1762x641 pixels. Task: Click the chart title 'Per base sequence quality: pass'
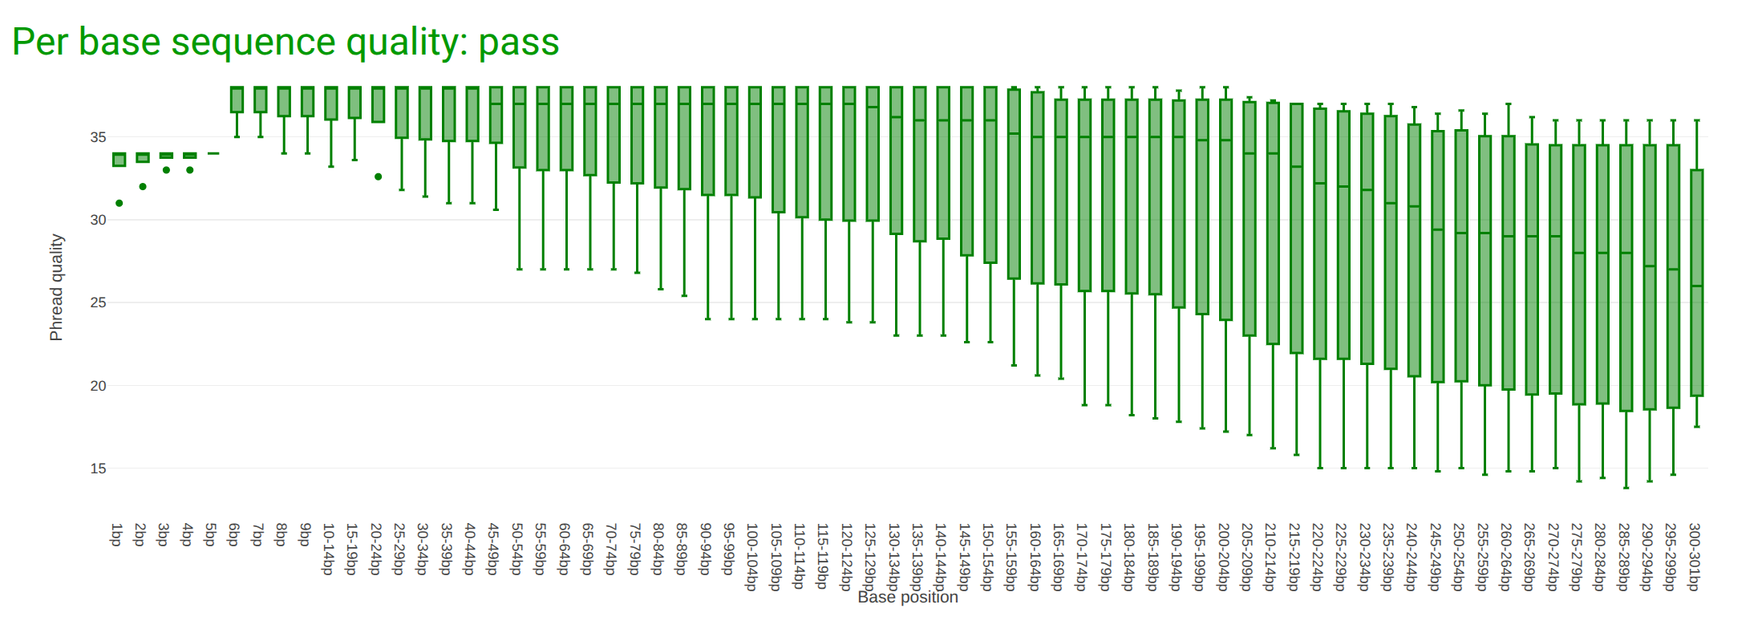[x=286, y=42]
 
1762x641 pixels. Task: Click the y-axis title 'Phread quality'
[x=56, y=287]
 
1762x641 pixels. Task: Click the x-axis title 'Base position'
[x=907, y=598]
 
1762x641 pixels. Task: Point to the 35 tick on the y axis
[x=98, y=137]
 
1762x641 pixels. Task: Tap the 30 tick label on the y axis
[x=98, y=220]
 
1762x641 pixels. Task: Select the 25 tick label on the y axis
[x=98, y=302]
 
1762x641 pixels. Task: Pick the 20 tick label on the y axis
[x=98, y=386]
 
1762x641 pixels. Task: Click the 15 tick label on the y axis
[x=98, y=469]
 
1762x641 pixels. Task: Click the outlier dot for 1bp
[x=119, y=203]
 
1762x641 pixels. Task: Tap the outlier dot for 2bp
[x=143, y=187]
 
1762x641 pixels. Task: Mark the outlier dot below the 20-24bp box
[x=379, y=176]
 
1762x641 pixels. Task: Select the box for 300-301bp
[x=1697, y=282]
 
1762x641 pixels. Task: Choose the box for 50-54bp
[x=520, y=128]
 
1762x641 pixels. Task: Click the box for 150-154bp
[x=990, y=175]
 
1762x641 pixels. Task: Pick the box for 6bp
[x=237, y=99]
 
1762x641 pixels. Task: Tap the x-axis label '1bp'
[x=117, y=535]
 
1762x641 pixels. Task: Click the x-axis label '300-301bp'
[x=1695, y=557]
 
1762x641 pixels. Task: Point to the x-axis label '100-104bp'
[x=752, y=557]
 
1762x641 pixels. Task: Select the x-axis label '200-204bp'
[x=1224, y=557]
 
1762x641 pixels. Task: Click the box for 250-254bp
[x=1461, y=255]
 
